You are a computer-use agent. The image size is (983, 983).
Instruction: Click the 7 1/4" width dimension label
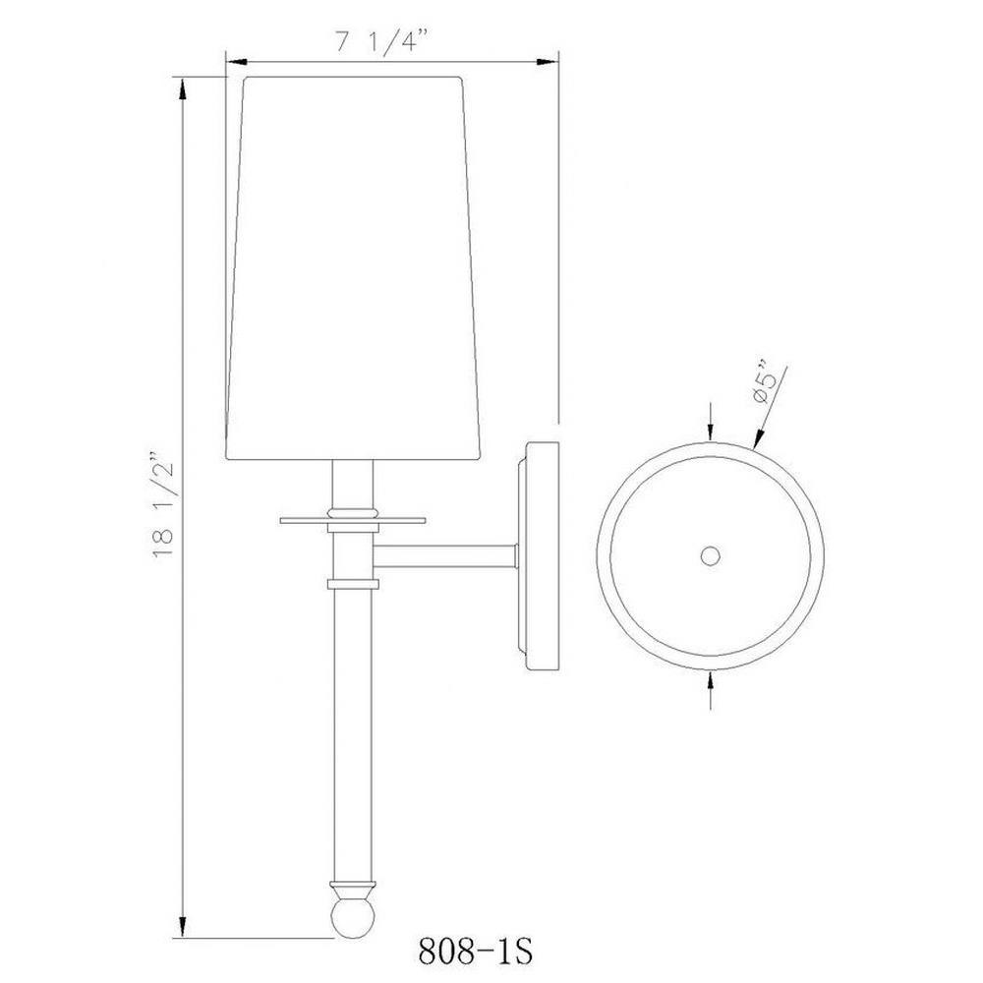click(381, 41)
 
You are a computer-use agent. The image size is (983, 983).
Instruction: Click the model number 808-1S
click(475, 952)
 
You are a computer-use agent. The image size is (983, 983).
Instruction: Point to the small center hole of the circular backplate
click(710, 555)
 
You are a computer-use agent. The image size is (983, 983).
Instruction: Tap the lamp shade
click(354, 268)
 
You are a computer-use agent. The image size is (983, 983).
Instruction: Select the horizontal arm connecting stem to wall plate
click(446, 556)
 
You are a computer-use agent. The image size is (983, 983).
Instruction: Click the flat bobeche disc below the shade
click(353, 520)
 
